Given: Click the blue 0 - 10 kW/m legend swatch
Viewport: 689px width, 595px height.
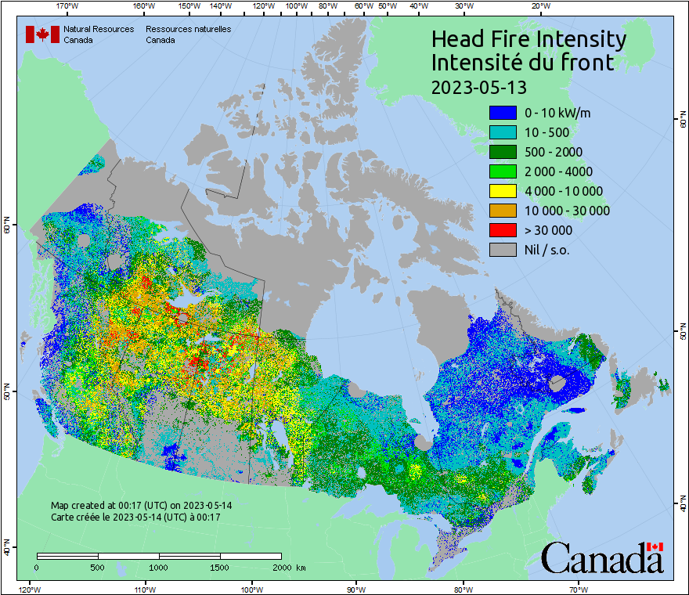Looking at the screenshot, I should point(503,113).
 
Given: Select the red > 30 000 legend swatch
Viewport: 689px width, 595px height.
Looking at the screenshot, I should point(503,230).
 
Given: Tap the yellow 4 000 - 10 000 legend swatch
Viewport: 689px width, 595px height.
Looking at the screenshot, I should point(503,191).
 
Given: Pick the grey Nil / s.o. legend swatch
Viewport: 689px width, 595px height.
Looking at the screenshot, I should point(503,250).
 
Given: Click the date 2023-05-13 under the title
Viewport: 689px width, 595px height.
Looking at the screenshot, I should point(479,86).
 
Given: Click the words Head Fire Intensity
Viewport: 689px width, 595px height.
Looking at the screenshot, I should point(528,39).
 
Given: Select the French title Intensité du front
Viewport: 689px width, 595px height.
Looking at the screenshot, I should point(522,63).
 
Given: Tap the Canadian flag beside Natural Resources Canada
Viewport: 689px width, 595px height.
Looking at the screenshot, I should point(42,34).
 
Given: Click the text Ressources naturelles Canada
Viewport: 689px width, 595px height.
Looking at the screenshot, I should point(188,34).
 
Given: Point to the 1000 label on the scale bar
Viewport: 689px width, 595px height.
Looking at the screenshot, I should point(159,567).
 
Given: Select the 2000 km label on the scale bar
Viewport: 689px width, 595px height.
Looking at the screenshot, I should point(289,567).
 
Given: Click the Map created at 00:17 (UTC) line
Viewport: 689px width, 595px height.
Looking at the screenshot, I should point(141,506).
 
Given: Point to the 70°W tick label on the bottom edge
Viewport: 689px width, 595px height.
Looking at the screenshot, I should point(579,589).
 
